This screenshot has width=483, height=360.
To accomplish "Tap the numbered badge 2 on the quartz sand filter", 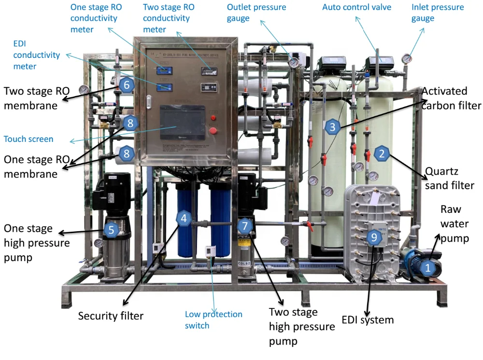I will (382, 154).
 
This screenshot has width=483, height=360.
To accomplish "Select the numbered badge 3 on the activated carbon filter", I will (331, 127).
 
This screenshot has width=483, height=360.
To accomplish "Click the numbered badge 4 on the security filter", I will (183, 218).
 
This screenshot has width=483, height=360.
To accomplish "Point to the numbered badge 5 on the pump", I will (111, 230).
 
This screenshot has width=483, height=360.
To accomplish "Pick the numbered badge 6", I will (127, 85).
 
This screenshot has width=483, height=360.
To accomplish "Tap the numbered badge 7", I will (245, 225).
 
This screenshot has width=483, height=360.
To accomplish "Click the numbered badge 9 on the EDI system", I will (373, 236).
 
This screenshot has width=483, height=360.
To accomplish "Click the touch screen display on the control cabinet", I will (182, 123).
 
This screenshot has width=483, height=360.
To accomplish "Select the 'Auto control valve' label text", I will (356, 7).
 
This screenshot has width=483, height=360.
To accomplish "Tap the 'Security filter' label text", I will (111, 317).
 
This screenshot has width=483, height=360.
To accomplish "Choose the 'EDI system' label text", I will (368, 319).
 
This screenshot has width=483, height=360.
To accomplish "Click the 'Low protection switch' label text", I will (213, 320).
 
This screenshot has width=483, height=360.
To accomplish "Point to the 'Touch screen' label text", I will (28, 139).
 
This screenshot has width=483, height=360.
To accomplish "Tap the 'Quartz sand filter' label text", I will (450, 178).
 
